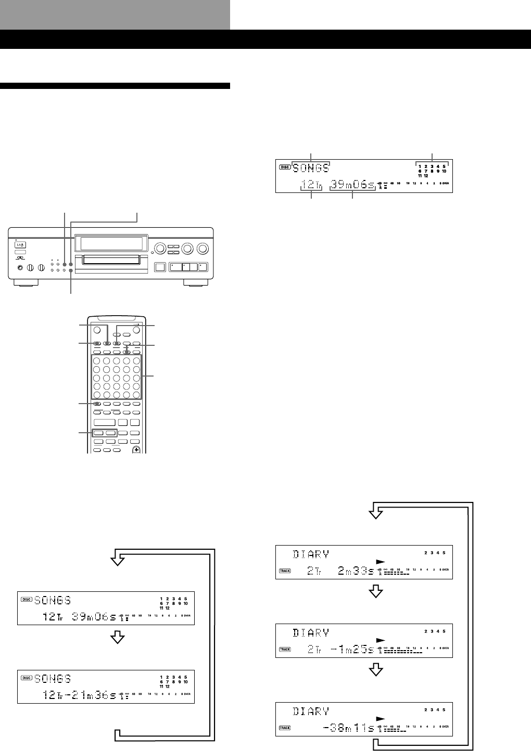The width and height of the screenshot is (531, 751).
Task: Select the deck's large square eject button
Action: tap(160, 268)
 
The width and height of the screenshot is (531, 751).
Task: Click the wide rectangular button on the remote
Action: tap(104, 422)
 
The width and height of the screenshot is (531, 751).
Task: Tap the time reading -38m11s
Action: tap(349, 728)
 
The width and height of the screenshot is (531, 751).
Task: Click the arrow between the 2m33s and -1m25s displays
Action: tap(376, 591)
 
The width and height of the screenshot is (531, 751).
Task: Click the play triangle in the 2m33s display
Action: tap(380, 562)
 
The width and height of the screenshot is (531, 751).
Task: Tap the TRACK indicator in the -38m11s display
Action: tap(285, 728)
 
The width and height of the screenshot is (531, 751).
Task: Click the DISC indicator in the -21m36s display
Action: tap(27, 678)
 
